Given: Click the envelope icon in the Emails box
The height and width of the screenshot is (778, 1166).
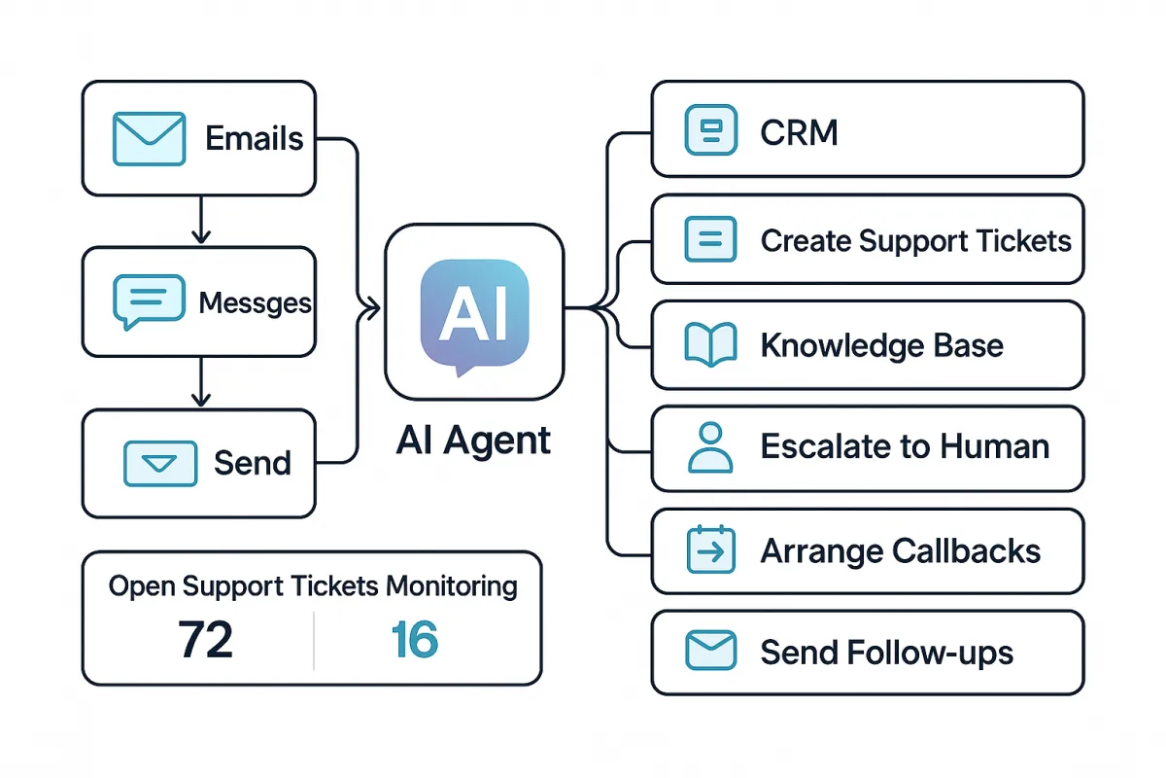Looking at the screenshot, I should (149, 138).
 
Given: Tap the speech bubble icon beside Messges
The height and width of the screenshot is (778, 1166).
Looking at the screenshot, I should (148, 302).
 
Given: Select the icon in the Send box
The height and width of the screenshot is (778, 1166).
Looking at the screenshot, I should (154, 463).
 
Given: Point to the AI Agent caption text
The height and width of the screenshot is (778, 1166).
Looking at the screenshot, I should (474, 441).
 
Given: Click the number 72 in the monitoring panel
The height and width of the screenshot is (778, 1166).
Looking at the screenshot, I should (205, 640).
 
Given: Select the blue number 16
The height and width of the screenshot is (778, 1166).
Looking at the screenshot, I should (414, 640).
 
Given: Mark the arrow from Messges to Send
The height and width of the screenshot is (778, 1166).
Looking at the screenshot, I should (199, 382).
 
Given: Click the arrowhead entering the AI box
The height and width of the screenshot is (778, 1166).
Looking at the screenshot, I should (373, 309).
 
